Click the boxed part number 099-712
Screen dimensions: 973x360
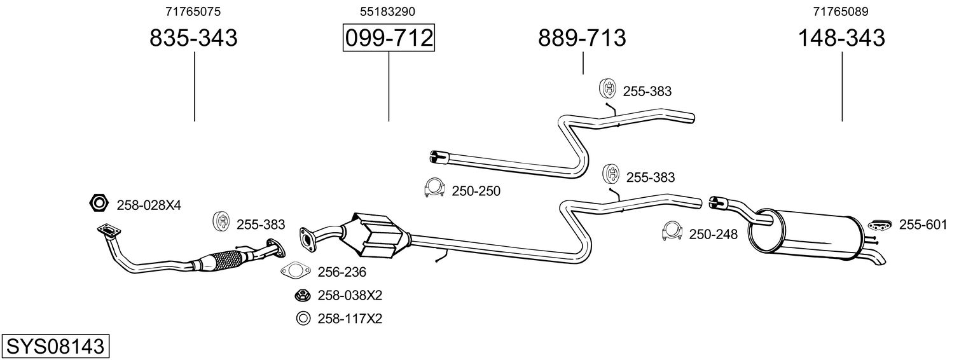point(389,38)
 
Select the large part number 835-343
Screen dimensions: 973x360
point(194,38)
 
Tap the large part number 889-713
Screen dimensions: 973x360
point(582,38)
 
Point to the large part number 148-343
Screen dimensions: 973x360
point(842,38)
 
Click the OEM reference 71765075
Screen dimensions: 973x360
point(193,11)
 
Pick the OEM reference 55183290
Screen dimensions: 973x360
point(387,11)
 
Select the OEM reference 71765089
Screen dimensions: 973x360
point(841,11)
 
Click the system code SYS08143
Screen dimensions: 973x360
point(55,347)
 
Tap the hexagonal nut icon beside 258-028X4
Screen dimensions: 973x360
point(99,203)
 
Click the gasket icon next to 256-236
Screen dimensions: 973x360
point(296,271)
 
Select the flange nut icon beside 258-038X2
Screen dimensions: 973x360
point(302,296)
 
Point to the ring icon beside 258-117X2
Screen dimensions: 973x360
point(303,319)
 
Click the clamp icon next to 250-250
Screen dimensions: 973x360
point(434,188)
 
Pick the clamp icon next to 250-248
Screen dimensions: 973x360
point(672,232)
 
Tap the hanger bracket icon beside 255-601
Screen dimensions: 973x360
point(880,225)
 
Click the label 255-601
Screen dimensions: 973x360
point(923,225)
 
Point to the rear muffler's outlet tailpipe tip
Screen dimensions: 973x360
point(879,261)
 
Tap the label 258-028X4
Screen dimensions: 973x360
point(149,205)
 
